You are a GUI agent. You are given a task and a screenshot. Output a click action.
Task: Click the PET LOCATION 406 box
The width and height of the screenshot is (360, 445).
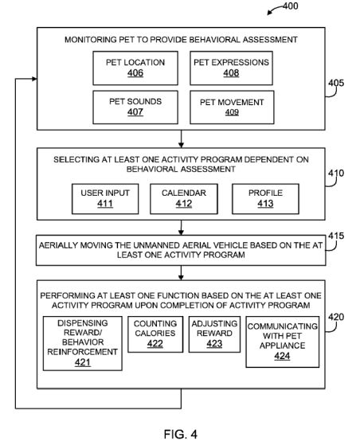click(x=135, y=68)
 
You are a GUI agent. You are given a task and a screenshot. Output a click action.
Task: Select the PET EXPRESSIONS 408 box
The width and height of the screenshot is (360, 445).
click(x=232, y=68)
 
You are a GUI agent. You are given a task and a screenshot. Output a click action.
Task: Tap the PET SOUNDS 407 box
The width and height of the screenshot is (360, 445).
click(x=135, y=107)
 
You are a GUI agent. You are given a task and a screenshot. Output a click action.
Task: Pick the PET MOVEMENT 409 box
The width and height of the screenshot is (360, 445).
click(x=232, y=107)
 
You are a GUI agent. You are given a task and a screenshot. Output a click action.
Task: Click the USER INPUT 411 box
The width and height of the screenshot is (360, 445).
click(x=105, y=199)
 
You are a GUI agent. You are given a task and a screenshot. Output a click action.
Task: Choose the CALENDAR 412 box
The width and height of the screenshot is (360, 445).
click(x=184, y=199)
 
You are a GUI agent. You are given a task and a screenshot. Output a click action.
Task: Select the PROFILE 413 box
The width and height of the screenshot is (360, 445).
click(x=265, y=199)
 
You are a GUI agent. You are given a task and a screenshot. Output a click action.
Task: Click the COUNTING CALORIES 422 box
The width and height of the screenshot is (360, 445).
click(x=155, y=334)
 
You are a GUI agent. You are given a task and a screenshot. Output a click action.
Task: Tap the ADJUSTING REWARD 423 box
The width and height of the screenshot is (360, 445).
click(x=214, y=334)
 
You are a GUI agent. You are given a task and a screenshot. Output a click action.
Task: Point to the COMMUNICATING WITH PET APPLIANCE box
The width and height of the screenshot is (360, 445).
click(x=283, y=342)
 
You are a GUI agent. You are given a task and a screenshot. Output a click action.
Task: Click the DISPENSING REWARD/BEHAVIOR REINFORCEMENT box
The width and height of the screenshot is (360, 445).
click(x=83, y=343)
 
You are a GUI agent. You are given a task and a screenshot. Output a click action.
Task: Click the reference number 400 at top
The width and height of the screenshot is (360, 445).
click(x=291, y=6)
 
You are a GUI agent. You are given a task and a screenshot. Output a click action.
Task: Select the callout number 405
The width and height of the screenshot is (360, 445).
click(x=336, y=83)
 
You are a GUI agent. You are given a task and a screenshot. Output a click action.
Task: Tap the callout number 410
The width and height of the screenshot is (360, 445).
click(x=336, y=173)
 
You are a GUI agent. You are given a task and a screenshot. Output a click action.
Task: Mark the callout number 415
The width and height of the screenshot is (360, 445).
click(x=336, y=236)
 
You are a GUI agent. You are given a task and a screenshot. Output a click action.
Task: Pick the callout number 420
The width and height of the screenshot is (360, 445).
click(x=336, y=317)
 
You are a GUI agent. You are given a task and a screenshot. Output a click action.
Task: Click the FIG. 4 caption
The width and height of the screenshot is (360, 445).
click(x=181, y=434)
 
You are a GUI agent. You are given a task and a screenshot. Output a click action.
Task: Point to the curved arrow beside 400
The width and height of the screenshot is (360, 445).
click(x=274, y=9)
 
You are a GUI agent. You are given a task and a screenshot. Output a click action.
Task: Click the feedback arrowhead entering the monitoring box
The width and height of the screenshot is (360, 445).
click(x=34, y=79)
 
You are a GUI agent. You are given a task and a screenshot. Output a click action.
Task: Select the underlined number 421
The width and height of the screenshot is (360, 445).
click(x=83, y=362)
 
